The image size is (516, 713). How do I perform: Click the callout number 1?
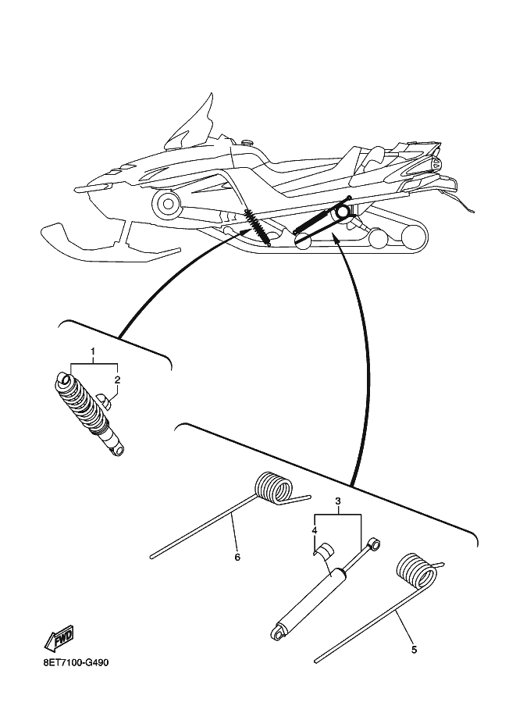(x=93, y=353)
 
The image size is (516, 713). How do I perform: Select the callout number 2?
(x=117, y=380)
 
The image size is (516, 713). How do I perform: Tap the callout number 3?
(x=338, y=501)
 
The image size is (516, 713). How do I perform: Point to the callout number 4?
(x=315, y=531)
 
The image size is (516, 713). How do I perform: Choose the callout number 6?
(x=237, y=557)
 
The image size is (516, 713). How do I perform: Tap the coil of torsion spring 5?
(x=415, y=574)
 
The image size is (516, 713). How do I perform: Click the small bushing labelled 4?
(x=322, y=551)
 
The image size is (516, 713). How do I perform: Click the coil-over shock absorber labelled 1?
(x=87, y=412)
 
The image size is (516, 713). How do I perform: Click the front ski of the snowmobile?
(x=101, y=246)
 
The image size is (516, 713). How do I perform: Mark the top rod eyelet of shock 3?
(x=374, y=543)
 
